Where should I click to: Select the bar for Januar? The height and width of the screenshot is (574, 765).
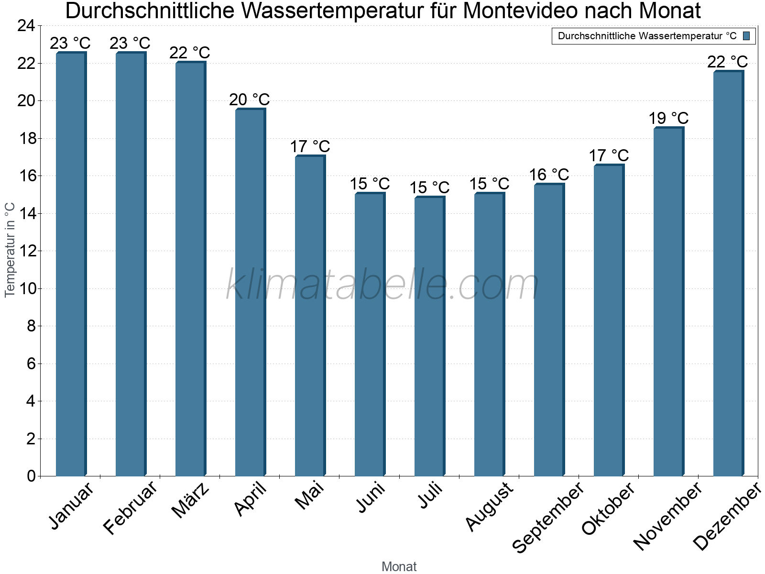click(x=71, y=264)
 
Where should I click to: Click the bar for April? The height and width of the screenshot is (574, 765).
click(x=250, y=292)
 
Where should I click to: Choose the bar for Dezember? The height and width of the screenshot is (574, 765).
click(x=728, y=274)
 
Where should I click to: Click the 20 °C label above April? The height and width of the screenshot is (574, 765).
click(x=250, y=99)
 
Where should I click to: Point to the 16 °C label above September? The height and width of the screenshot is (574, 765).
click(x=549, y=175)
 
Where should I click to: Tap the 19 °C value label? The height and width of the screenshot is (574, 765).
click(x=668, y=118)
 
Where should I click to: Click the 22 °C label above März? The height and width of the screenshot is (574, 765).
click(x=190, y=53)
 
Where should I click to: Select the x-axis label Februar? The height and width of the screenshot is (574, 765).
click(x=130, y=508)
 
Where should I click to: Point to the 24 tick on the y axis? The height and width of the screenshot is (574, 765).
click(x=26, y=26)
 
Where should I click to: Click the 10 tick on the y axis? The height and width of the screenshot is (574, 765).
click(x=26, y=288)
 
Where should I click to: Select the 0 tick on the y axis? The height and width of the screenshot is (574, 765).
click(x=31, y=476)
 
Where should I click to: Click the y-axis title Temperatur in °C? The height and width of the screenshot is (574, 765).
click(x=10, y=250)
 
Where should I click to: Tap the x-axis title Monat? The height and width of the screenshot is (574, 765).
click(x=399, y=566)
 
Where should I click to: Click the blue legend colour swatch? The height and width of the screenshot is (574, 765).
click(x=746, y=36)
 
